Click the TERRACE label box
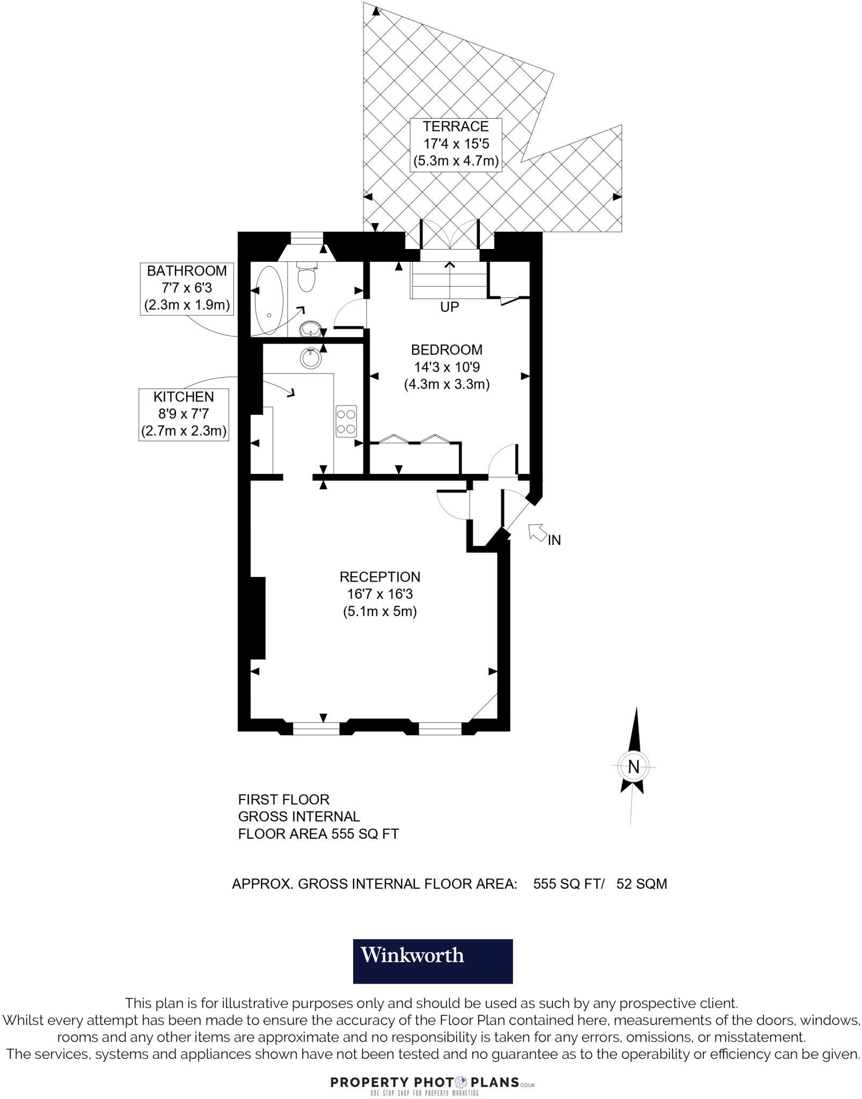456,144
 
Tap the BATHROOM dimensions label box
187,289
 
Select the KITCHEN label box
184,414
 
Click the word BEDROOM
447,350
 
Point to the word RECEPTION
379,577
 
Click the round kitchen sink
311,358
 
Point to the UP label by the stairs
449,307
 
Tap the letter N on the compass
633,767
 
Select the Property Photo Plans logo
433,1082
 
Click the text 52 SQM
641,884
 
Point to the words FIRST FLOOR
283,800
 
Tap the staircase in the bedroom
448,280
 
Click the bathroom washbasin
310,328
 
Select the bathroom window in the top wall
306,238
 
